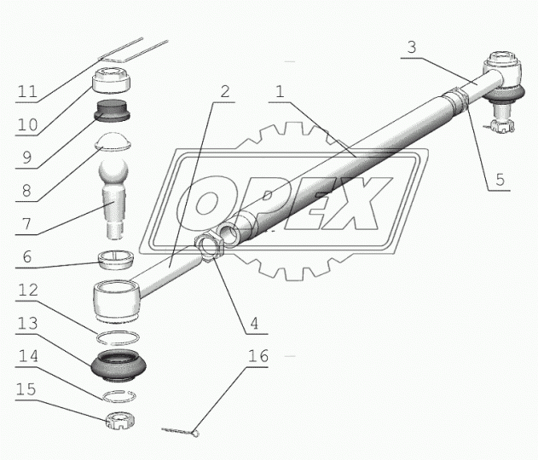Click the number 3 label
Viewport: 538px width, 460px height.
(x=413, y=48)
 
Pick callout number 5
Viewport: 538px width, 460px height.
(x=500, y=180)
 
